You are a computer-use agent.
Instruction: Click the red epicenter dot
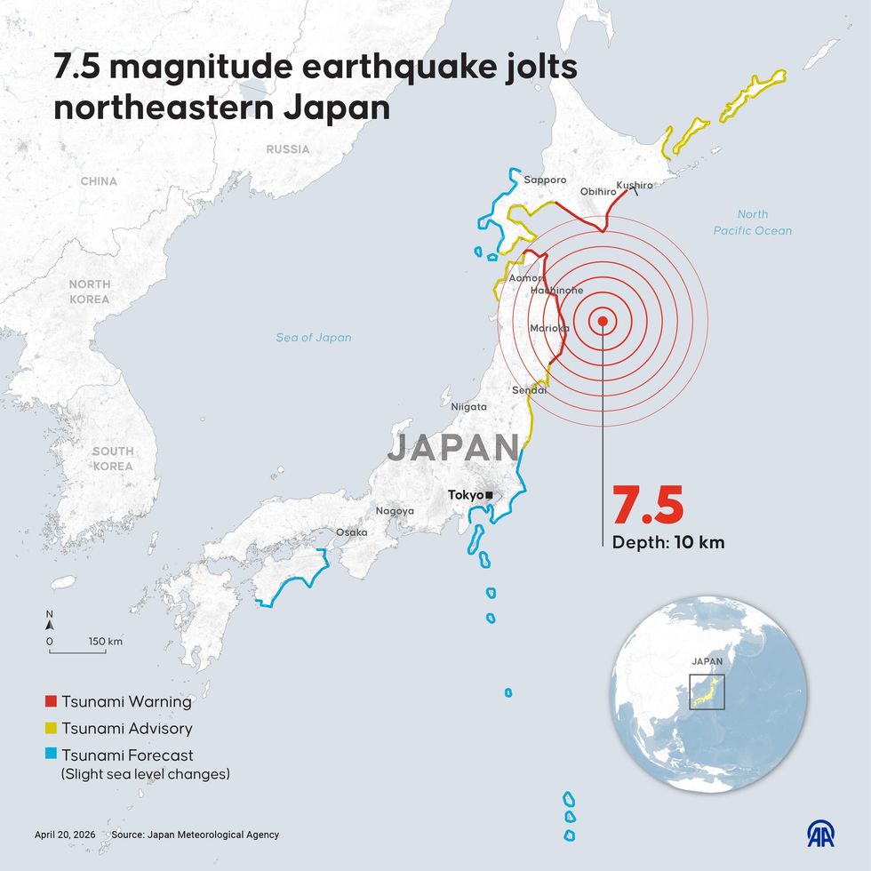(x=603, y=322)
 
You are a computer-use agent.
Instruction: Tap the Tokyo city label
(x=465, y=495)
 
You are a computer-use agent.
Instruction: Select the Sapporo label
(x=545, y=180)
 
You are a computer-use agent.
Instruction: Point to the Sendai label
(x=529, y=390)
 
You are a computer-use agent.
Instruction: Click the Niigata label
(x=469, y=406)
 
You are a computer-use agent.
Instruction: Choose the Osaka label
(x=351, y=532)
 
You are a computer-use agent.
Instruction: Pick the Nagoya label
(x=395, y=511)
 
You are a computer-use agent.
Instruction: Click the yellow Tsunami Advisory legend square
(x=51, y=729)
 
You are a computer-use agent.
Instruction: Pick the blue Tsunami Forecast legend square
(x=51, y=755)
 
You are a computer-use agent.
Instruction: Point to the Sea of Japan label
(x=313, y=338)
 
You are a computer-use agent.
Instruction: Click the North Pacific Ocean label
(x=753, y=222)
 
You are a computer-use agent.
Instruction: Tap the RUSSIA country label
(x=288, y=149)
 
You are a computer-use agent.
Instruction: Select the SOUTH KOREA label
(x=113, y=459)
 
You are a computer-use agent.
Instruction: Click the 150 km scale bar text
(x=105, y=641)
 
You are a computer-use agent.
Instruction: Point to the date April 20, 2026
(x=65, y=835)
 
